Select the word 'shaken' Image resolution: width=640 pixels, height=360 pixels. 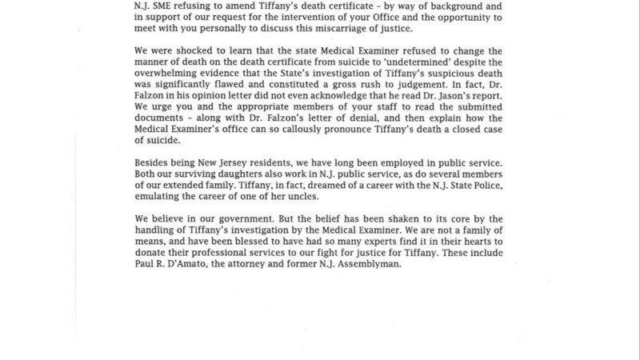coord(412,219)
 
